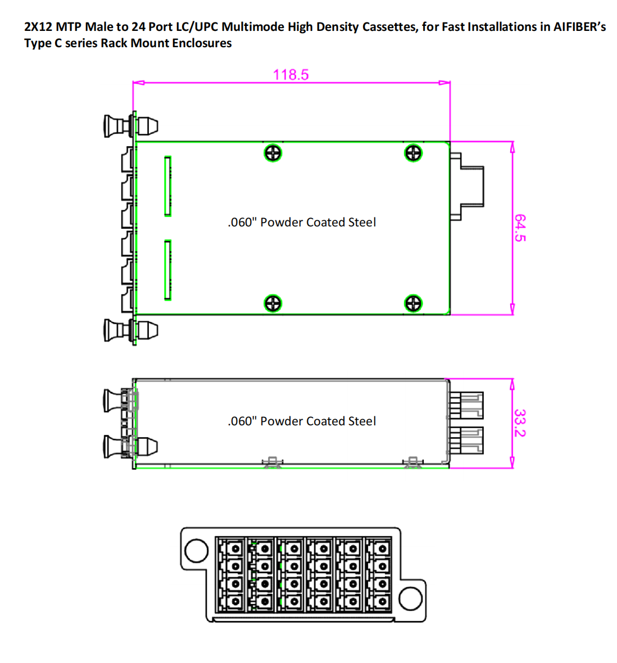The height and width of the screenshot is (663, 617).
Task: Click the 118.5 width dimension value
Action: [x=291, y=75]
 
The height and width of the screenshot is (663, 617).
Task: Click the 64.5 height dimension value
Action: [x=520, y=228]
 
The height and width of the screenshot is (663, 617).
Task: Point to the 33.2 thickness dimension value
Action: [x=520, y=423]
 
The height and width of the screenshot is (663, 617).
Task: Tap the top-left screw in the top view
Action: [x=273, y=153]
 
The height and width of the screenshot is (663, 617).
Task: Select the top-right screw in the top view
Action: [x=413, y=153]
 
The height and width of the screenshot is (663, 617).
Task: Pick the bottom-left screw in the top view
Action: [x=273, y=303]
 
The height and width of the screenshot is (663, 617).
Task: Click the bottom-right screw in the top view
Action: [x=413, y=303]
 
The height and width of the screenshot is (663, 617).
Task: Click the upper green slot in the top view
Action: [x=168, y=187]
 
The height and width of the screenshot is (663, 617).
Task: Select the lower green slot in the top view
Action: [x=168, y=270]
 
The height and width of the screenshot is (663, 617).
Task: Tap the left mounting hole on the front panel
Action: [x=197, y=551]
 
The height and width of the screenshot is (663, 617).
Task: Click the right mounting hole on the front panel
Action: [x=411, y=598]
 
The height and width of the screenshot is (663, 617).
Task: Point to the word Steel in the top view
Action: [x=362, y=222]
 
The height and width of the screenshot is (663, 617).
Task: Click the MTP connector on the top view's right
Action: [x=467, y=187]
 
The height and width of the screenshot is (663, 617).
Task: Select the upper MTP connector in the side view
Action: [x=466, y=405]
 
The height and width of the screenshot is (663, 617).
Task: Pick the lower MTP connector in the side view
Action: [x=466, y=440]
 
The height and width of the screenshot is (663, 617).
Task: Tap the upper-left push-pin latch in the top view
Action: [x=131, y=126]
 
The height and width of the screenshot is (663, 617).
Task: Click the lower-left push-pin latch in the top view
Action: [x=131, y=330]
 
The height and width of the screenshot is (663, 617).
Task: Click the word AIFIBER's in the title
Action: [x=580, y=26]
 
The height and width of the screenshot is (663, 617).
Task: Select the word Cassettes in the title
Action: [x=392, y=27]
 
